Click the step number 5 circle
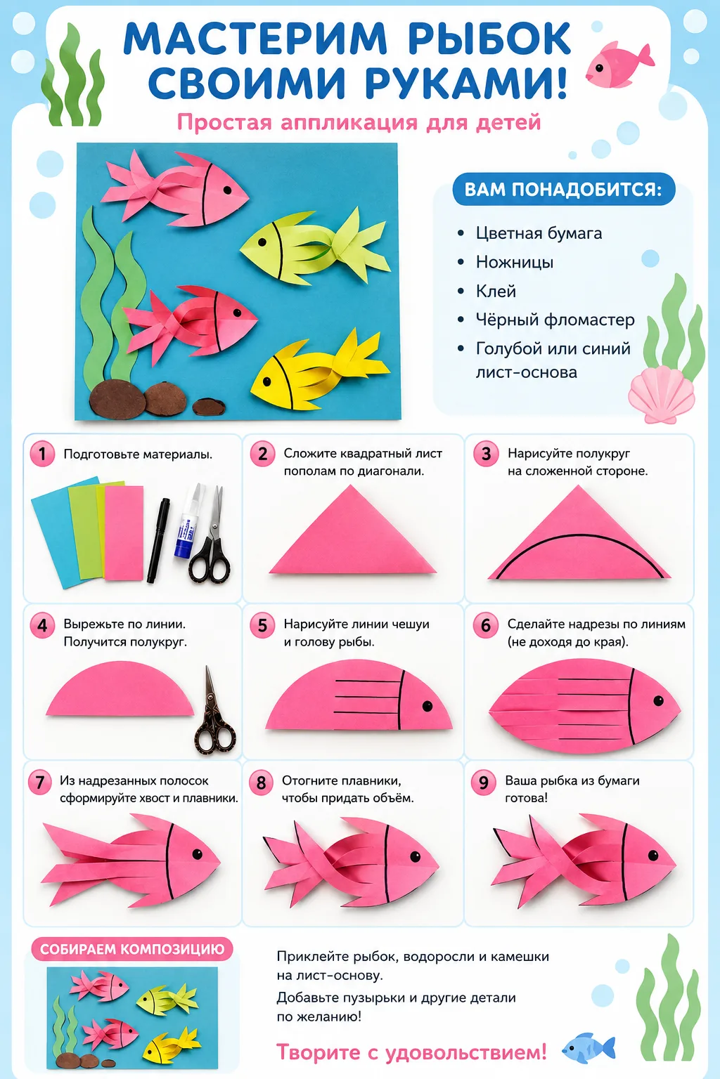262,625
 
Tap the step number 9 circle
483,783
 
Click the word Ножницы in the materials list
515,263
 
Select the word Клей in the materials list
496,292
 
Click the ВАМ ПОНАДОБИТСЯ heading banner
563,189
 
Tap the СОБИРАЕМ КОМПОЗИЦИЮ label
132,949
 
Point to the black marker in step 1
158,540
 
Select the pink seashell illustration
661,395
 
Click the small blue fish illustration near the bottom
589,1047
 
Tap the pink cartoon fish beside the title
619,65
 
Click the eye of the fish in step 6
658,700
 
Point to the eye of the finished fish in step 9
653,856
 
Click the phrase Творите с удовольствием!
411,1052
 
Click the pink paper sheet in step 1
124,532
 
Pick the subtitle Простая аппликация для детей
359,122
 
